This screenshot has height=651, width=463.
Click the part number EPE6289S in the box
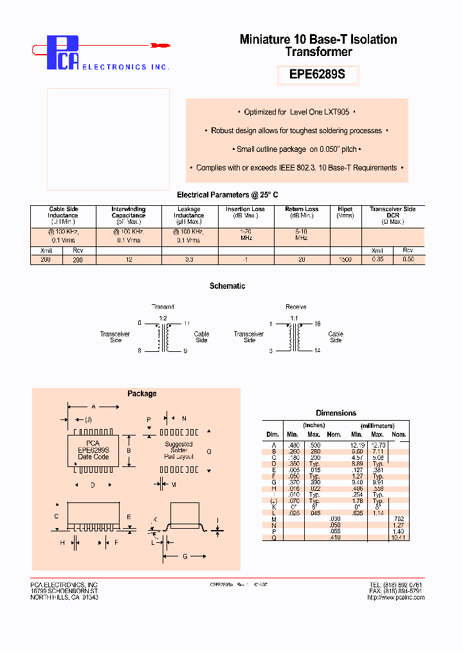[317, 74]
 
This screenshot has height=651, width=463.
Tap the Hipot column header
[345, 212]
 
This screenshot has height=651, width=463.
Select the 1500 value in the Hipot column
[345, 259]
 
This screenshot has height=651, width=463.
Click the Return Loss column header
[302, 212]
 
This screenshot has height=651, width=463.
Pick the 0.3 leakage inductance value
[189, 259]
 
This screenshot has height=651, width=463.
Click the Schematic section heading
[227, 286]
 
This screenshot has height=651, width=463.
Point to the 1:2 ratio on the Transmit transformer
[163, 318]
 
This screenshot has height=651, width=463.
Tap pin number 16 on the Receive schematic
[317, 324]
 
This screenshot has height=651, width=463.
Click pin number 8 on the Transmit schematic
[140, 351]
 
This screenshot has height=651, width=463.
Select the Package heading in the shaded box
[141, 394]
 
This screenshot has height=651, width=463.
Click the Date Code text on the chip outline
[93, 457]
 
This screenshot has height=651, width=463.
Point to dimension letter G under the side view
[185, 556]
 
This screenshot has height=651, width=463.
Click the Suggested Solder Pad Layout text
[178, 450]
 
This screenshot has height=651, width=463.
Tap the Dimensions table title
[336, 413]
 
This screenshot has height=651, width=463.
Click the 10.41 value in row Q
[399, 537]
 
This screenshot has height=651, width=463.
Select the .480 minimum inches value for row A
[293, 445]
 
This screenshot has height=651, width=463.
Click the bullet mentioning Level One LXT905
[296, 112]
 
